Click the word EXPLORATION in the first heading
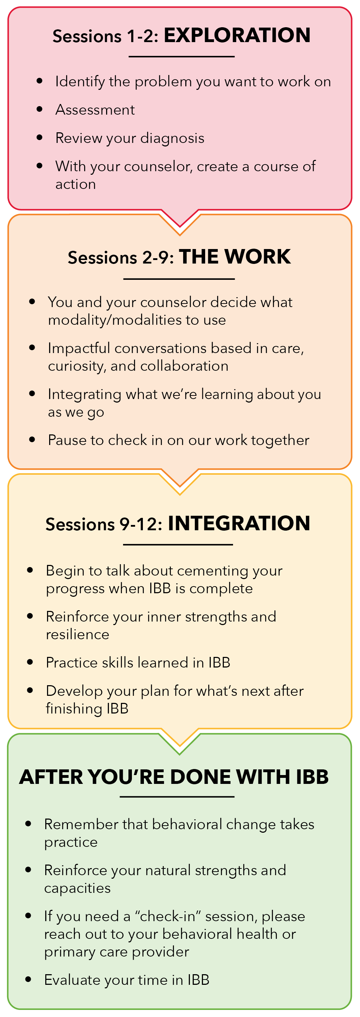237,35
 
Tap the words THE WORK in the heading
235,257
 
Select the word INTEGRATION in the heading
239,524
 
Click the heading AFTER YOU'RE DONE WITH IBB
174,777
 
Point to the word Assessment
95,110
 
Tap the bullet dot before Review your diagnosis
39,138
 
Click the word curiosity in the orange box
77,366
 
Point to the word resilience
77,635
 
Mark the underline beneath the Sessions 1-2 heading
181,57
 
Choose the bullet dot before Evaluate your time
28,980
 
